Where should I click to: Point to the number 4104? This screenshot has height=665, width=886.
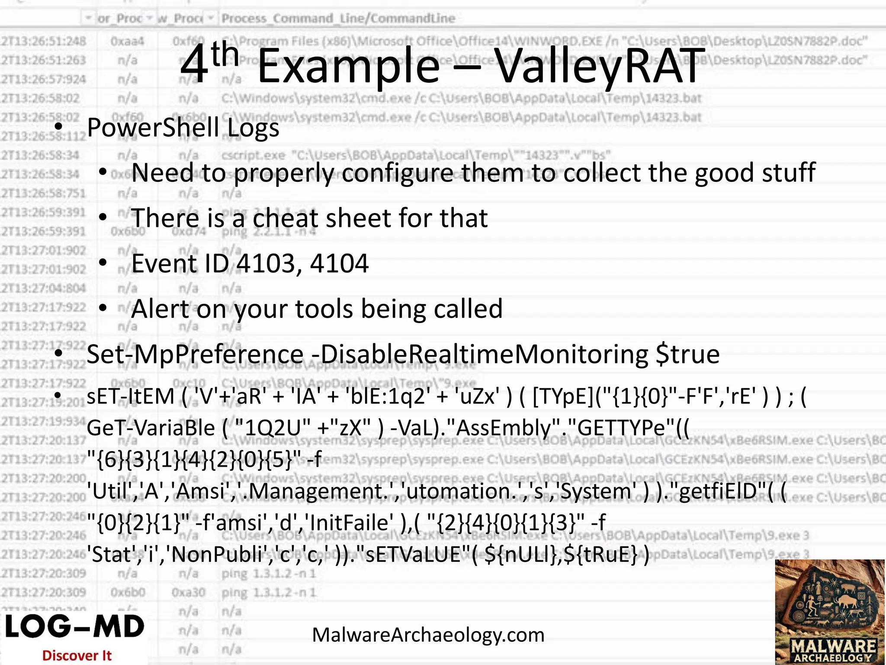pos(339,263)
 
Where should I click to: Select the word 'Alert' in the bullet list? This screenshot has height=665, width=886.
pos(160,309)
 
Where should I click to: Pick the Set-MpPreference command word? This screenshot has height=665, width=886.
pos(195,354)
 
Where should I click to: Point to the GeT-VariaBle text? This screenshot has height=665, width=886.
pos(151,428)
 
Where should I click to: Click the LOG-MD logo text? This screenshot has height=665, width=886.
pos(74,627)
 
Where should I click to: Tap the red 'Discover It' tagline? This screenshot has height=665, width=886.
pos(77,655)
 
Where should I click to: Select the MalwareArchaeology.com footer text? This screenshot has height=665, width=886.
pos(428,635)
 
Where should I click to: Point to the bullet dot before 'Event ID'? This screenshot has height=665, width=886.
pos(103,262)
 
